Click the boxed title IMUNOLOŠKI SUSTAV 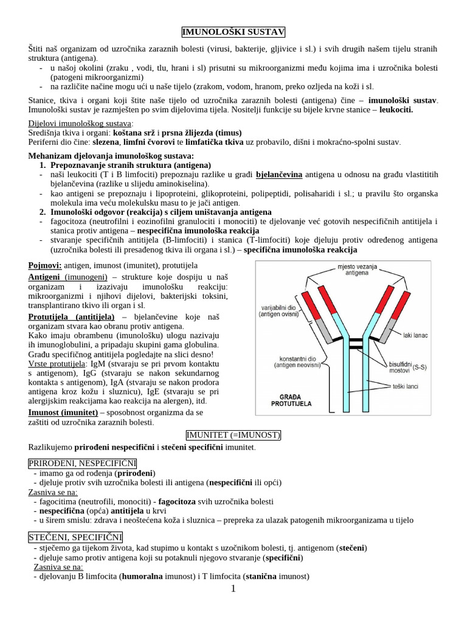pos(233,32)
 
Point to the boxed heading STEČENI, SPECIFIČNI pos(75,537)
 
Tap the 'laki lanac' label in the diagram pos(415,334)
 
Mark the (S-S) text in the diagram pos(420,367)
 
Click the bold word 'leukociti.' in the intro pos(396,110)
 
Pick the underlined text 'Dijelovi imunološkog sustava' pos(80,124)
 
